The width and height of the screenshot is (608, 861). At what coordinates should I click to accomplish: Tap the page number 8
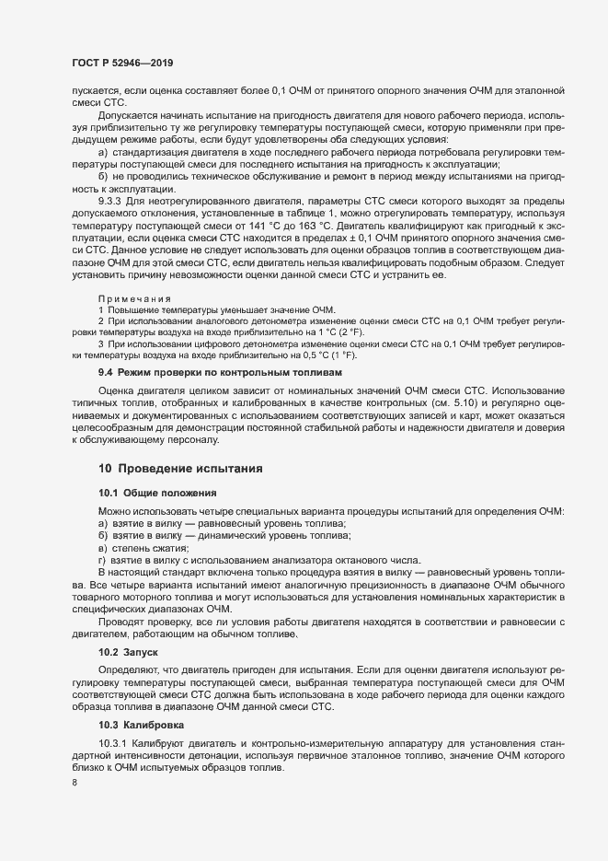(75, 784)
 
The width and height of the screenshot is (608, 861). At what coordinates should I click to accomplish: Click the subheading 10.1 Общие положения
(156, 494)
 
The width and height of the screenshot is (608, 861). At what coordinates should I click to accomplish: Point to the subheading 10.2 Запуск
(129, 650)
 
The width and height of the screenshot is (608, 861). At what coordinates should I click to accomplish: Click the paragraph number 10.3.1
(115, 742)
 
